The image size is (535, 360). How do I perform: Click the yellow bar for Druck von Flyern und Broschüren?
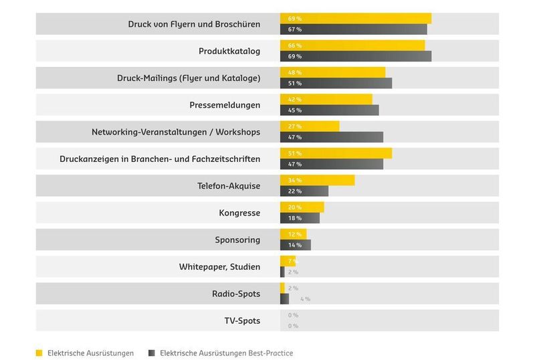[x=356, y=19]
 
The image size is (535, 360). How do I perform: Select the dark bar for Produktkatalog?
[x=356, y=56]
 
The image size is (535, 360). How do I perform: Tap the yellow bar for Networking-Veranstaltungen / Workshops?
[x=310, y=126]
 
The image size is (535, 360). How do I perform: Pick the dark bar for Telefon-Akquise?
[x=304, y=191]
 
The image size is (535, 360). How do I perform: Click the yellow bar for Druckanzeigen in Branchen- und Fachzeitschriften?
[x=336, y=153]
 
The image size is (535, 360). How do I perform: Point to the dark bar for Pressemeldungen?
[x=329, y=110]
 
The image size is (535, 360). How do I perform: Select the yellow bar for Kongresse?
[x=302, y=207]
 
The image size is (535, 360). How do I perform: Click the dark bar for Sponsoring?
[x=296, y=245]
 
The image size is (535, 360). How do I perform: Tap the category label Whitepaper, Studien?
[x=219, y=267]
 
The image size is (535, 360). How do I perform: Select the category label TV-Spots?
[x=242, y=321]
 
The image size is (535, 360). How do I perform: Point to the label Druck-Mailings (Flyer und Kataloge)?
[x=189, y=78]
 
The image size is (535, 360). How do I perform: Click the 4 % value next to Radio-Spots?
[x=305, y=299]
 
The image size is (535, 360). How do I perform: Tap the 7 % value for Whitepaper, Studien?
[x=292, y=261]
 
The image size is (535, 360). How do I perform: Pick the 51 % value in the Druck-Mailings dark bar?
[x=294, y=84]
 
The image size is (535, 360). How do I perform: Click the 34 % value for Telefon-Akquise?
[x=294, y=181]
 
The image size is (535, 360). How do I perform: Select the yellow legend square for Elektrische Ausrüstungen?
[x=39, y=353]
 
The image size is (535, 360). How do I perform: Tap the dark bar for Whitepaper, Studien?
[x=282, y=272]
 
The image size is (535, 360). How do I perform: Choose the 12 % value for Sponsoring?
[x=294, y=234]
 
